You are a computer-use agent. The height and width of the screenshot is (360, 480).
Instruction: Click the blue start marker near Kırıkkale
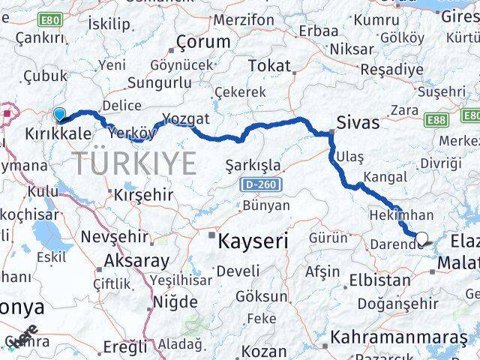point(59,115)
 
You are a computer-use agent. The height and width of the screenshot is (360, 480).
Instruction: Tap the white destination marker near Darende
point(421,239)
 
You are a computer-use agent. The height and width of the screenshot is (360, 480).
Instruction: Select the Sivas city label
point(358,122)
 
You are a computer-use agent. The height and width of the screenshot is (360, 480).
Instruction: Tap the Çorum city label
point(202,42)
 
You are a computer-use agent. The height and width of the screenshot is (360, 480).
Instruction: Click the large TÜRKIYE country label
point(135,162)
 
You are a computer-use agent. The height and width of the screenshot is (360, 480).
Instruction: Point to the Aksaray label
point(137,262)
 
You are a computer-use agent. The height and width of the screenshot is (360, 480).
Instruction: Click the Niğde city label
point(175,303)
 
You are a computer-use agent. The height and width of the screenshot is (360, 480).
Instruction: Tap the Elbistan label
point(379,282)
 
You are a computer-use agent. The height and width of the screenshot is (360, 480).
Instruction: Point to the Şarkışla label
point(253,165)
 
